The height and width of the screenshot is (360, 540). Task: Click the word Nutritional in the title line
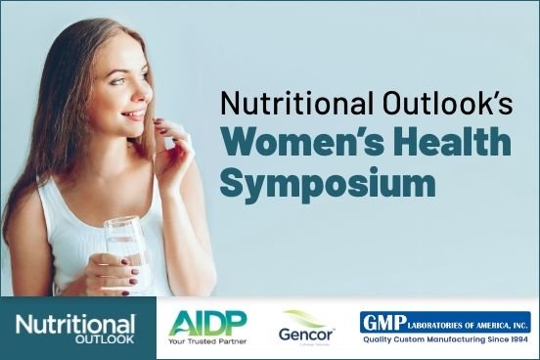pos(281,103)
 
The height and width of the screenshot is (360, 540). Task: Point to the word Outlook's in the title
pos(425,103)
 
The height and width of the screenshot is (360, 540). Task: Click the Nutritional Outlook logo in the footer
pos(76,328)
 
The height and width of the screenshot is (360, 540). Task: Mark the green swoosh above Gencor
pos(305,316)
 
